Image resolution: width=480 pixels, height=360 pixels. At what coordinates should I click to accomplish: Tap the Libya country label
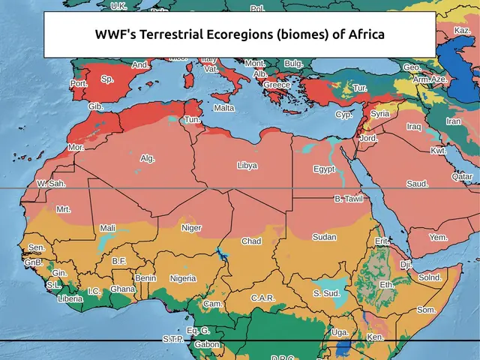click(x=247, y=165)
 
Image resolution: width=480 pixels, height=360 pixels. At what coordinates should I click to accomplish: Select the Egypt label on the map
click(x=324, y=169)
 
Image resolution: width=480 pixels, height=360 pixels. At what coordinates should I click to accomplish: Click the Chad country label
click(x=251, y=241)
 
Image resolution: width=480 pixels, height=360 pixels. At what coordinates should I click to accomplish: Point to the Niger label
click(x=191, y=228)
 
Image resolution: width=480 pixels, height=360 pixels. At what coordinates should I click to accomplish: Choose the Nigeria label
click(x=183, y=278)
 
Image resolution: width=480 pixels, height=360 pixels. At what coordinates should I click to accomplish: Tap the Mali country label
click(x=108, y=228)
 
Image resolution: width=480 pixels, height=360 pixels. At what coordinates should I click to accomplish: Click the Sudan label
click(x=324, y=237)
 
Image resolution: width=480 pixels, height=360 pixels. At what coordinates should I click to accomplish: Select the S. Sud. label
click(x=326, y=293)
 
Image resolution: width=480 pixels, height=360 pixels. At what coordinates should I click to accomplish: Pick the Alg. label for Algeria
click(x=148, y=158)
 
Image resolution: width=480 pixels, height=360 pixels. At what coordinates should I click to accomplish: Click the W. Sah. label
click(x=51, y=184)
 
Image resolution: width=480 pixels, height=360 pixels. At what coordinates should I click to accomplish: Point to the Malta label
click(x=224, y=108)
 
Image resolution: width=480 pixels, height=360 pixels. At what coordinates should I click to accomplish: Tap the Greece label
click(x=276, y=85)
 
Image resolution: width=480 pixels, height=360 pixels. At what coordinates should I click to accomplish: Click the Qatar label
click(x=462, y=177)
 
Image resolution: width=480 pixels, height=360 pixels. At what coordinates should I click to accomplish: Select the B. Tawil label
click(x=348, y=199)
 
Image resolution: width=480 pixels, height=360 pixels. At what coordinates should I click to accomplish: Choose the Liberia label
click(x=70, y=298)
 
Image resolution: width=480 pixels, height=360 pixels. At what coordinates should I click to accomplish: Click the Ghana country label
click(x=123, y=289)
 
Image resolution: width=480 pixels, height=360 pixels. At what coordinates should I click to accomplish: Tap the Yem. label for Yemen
click(x=438, y=238)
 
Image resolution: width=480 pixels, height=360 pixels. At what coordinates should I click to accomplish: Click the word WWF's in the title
click(x=115, y=34)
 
